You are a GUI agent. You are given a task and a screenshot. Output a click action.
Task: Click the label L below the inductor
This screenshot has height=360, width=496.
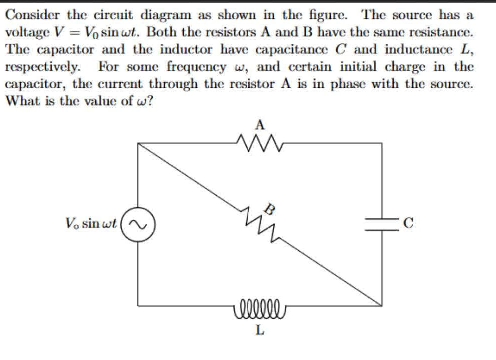point(259,330)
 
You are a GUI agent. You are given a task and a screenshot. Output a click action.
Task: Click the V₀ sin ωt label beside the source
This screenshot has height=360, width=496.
point(91,223)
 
